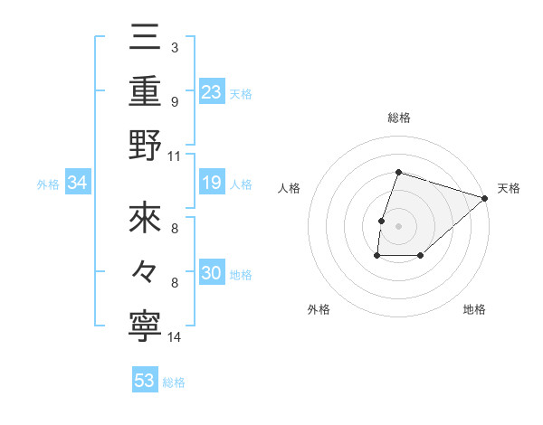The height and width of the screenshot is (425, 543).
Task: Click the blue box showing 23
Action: coord(212,91)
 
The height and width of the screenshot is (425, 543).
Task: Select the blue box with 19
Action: coord(212,184)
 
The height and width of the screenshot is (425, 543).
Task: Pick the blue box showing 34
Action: coord(78,184)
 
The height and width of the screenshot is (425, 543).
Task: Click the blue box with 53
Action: coord(145,381)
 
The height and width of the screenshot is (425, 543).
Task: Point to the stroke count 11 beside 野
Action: coord(175,156)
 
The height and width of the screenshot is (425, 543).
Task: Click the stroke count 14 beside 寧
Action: coord(175,338)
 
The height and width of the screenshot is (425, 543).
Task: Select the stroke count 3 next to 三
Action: coord(175,46)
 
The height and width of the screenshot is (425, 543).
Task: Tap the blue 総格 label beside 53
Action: coord(174,382)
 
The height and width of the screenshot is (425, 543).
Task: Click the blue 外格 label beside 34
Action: coord(48,184)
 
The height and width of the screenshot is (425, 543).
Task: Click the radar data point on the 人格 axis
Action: coord(382,220)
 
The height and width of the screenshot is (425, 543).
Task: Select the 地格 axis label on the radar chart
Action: coord(474,309)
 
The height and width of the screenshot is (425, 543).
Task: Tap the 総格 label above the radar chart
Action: coord(398,118)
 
